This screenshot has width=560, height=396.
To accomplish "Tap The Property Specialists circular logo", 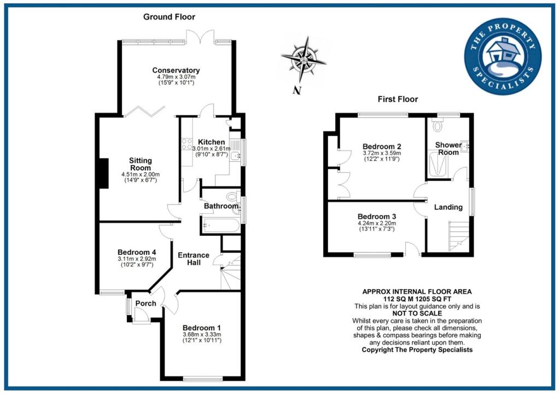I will (502, 60).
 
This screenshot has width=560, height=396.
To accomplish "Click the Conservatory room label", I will (176, 71).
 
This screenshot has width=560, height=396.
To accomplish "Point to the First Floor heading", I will (398, 99).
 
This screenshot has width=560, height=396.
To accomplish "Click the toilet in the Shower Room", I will (437, 126).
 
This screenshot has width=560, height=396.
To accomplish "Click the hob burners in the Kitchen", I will (185, 145).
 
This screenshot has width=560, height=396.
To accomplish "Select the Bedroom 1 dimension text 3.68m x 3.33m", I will (203, 334).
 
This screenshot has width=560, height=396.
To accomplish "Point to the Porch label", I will (145, 304).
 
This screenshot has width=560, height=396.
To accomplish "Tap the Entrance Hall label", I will (194, 259).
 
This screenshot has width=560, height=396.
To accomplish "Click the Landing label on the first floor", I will (448, 207).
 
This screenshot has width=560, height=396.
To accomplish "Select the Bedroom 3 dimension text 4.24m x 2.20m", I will (377, 223).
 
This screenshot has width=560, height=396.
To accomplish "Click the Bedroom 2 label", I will (382, 147).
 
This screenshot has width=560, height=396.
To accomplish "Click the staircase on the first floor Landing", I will (458, 235).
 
